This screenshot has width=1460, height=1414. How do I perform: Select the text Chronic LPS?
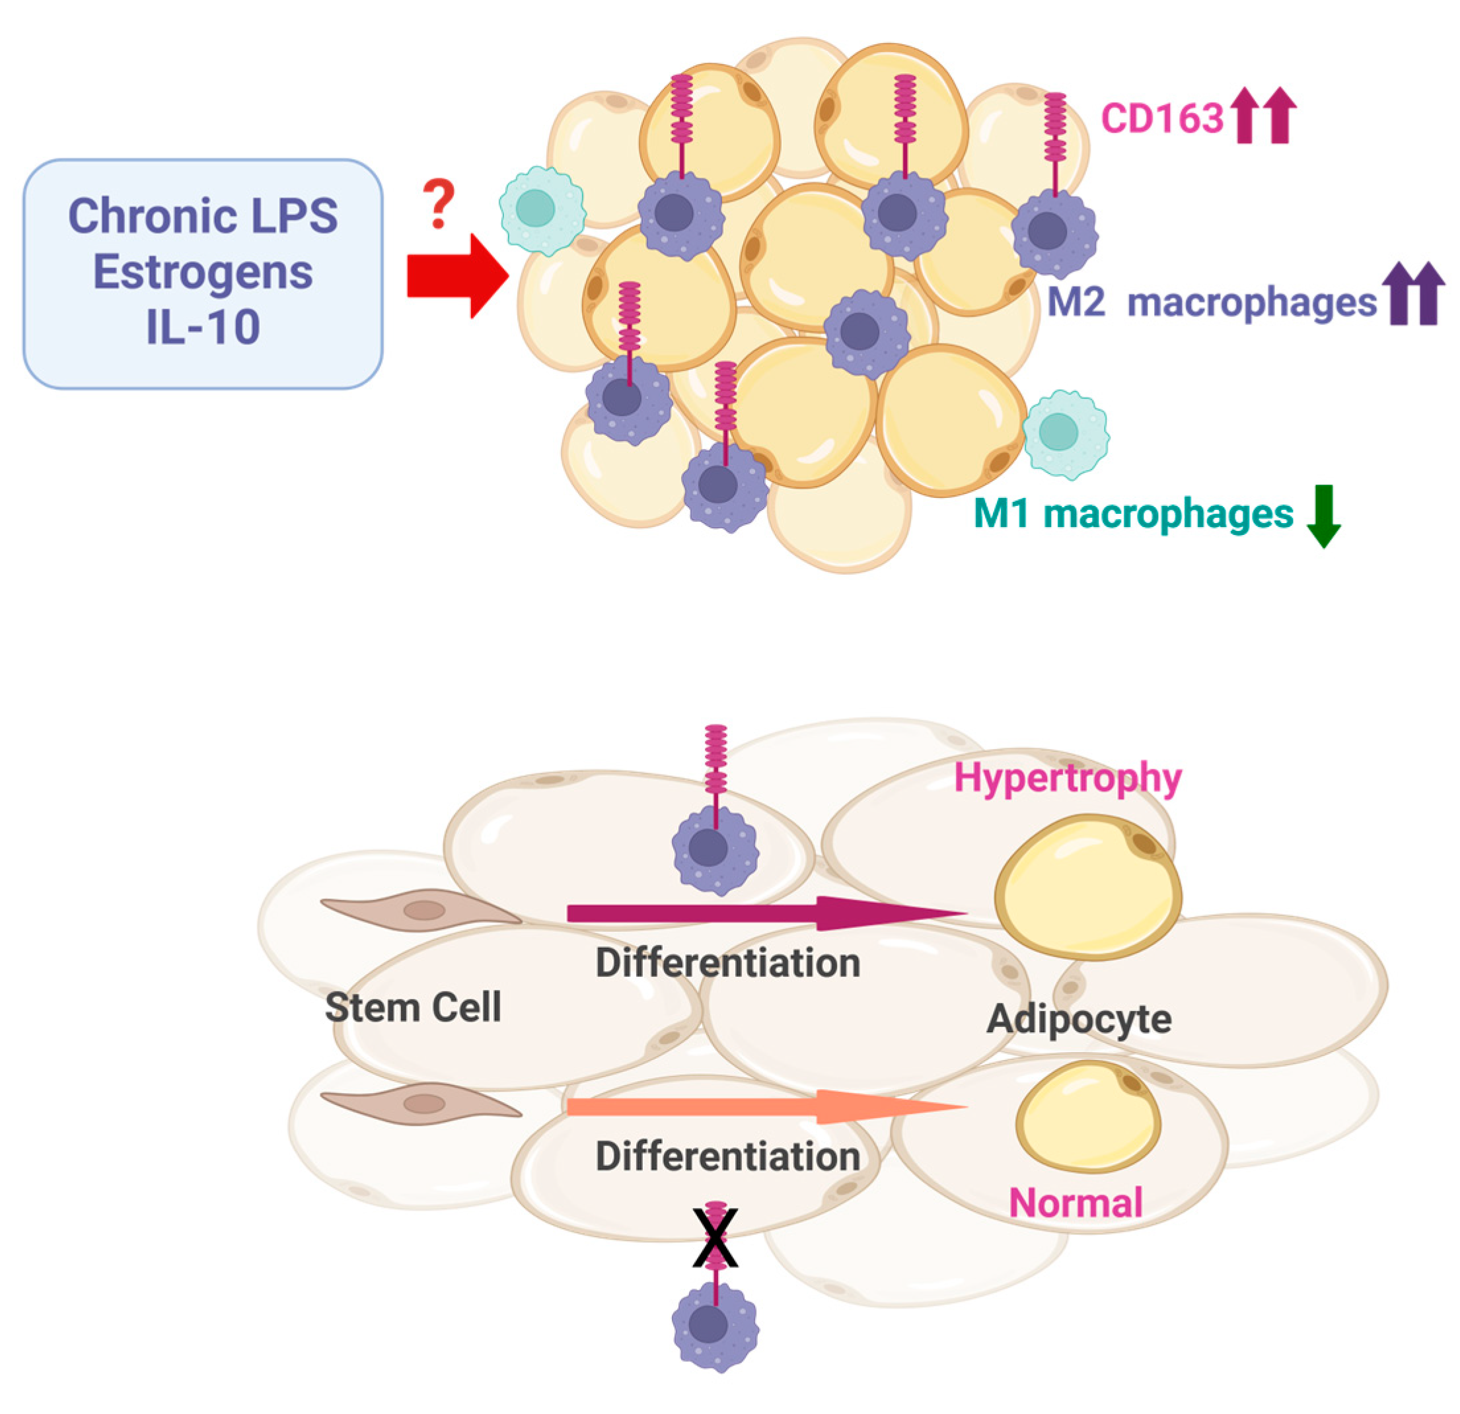coord(203,216)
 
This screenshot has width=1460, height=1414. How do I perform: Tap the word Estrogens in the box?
coord(203,272)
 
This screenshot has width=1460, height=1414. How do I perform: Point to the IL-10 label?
coord(203,327)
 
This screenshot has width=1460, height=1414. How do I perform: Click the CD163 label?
coord(1162,118)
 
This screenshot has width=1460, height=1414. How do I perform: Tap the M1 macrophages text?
coord(1133,514)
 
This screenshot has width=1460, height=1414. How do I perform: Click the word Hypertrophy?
coord(1068,779)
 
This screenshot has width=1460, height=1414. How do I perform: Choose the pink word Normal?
coord(1075,1203)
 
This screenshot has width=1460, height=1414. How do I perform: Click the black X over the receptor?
coord(715,1238)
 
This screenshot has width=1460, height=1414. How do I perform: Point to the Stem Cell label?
coord(413,1007)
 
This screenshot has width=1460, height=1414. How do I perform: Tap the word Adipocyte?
coord(1079,1018)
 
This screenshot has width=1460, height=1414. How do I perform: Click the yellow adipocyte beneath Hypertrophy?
coord(1087,886)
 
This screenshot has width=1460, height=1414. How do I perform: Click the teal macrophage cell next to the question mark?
coord(542,211)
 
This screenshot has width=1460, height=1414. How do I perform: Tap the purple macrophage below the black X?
coord(715,1326)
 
